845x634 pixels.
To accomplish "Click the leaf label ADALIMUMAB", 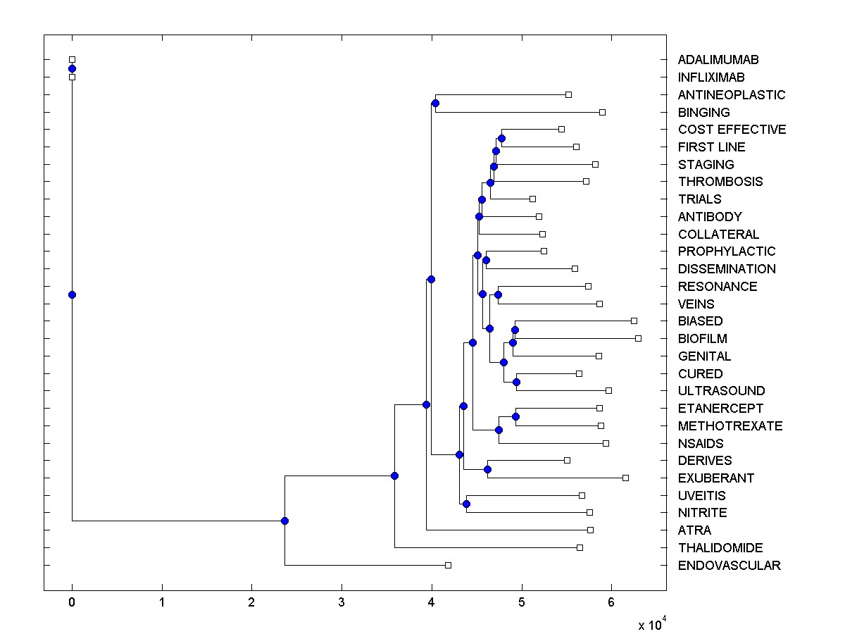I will (718, 60).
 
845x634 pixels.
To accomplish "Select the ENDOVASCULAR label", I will (729, 566).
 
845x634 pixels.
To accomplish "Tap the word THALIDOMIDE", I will (720, 548).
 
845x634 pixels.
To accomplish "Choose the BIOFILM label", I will (703, 339).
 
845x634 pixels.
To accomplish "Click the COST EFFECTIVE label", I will (732, 130).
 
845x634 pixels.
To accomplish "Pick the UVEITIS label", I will (701, 496).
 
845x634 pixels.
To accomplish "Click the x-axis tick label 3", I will (342, 604).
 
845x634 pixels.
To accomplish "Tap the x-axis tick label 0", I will (72, 604).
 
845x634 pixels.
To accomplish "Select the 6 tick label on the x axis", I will (611, 604).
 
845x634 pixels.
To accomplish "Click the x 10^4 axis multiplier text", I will (651, 624).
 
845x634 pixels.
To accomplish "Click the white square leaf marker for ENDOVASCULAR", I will (448, 565).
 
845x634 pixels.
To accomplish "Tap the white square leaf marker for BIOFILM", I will (638, 338).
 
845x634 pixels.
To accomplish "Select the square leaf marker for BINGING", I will (602, 112).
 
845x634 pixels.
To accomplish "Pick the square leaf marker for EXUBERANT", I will (625, 478).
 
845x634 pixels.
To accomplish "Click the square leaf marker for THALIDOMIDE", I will (580, 547).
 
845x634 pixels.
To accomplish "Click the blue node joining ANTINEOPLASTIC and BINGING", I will (435, 104).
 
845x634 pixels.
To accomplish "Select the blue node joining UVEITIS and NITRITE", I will (466, 504).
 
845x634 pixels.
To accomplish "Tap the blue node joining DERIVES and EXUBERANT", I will (487, 469).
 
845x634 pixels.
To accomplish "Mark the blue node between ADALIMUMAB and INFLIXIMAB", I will (72, 68).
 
